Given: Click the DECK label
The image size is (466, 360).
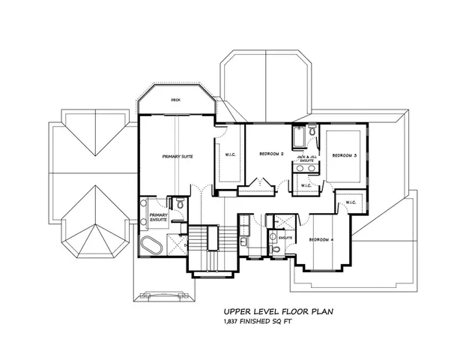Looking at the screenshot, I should [175, 99].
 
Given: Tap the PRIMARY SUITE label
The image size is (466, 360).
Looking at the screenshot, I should [178, 157].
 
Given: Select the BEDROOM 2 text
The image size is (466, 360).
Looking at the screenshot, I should [271, 154].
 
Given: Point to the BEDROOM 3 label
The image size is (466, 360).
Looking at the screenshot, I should [344, 154].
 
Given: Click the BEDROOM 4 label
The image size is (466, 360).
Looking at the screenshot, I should [321, 239].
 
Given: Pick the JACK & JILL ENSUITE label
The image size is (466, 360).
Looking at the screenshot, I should [306, 158].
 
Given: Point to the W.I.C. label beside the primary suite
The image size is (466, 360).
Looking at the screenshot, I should [231, 156].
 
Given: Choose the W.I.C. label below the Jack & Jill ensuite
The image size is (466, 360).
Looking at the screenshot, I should [306, 185].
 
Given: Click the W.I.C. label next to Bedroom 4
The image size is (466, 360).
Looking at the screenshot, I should [350, 202].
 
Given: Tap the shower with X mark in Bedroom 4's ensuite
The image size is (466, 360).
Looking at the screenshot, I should [283, 222].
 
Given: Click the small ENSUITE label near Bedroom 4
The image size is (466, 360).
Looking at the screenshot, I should [285, 238].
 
